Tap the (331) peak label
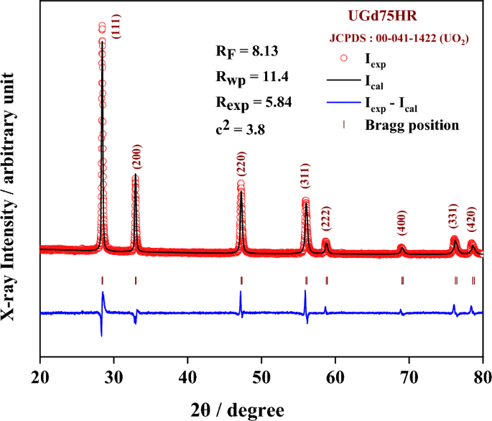[x=454, y=218]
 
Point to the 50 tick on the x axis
[x=261, y=375]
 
